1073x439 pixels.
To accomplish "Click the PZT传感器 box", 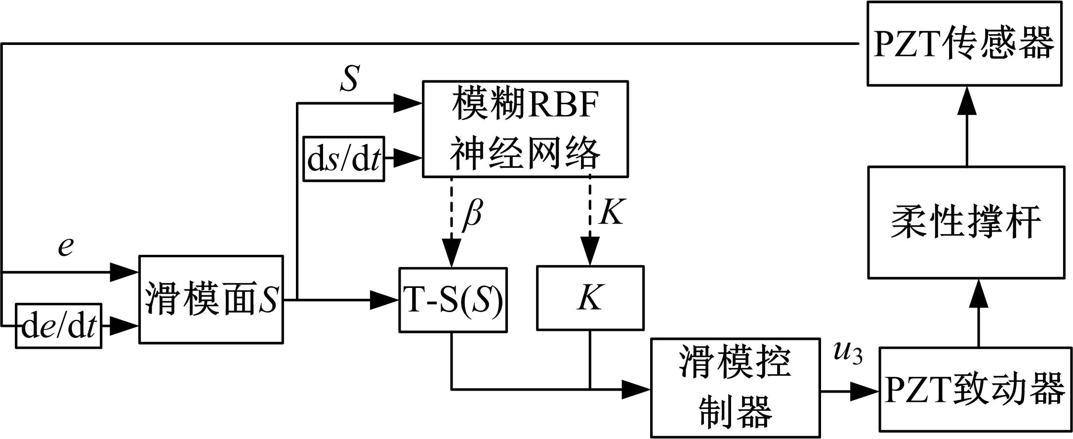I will click(964, 43).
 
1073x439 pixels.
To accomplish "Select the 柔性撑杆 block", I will click(966, 222).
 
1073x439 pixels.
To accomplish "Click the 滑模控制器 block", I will click(735, 388).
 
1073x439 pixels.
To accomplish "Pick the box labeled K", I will click(590, 298).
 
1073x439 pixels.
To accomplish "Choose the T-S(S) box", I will click(453, 300).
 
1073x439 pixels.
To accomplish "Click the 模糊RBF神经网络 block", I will click(525, 129).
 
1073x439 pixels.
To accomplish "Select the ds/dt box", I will click(343, 159).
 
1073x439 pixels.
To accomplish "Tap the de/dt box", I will click(58, 326).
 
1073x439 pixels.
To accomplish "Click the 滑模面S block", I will click(211, 299).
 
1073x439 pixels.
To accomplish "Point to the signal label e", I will click(66, 245).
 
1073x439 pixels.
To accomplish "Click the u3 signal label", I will click(847, 354).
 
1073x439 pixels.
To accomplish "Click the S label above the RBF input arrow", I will click(349, 79).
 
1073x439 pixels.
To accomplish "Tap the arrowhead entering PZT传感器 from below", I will click(967, 103).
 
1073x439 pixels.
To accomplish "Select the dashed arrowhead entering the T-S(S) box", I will click(452, 255).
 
